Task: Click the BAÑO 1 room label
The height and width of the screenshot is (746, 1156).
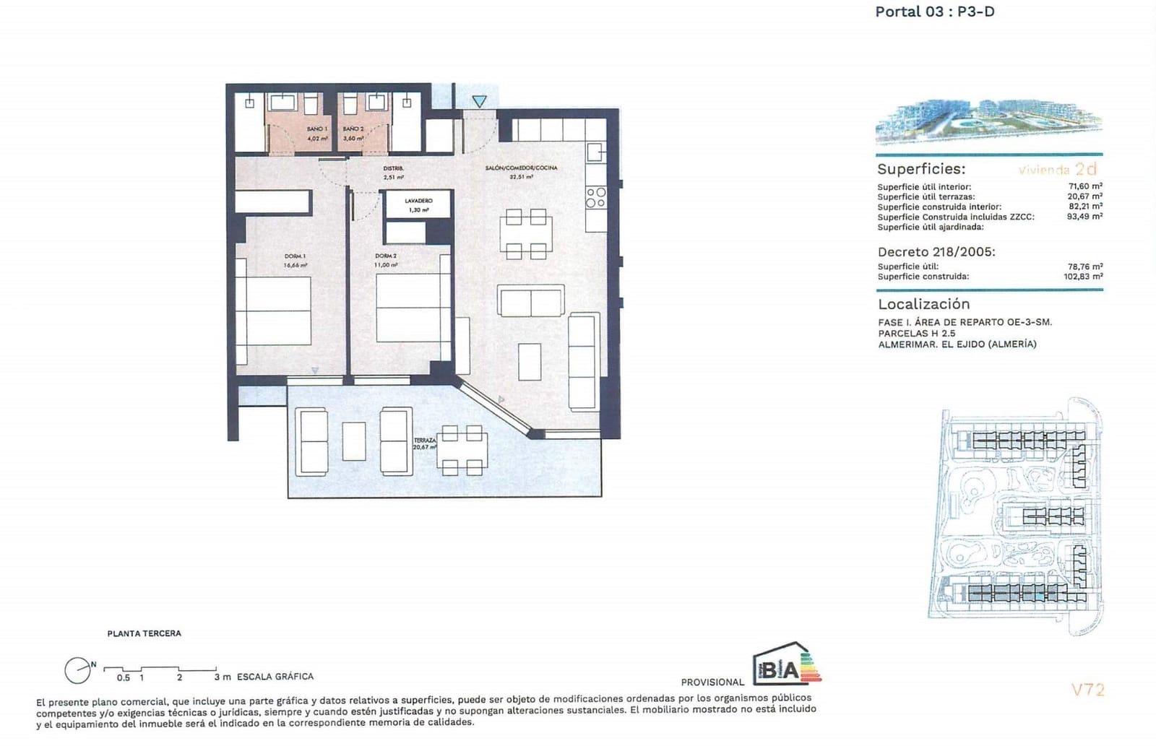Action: tap(316, 129)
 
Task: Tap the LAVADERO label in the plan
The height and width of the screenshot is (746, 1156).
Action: tap(418, 201)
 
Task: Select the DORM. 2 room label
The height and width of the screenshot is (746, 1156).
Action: tap(386, 256)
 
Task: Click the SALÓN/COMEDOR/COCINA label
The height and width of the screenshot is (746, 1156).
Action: tap(521, 168)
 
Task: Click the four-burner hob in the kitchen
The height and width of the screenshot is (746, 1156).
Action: tap(596, 197)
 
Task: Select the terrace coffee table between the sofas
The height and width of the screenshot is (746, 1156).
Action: tap(353, 441)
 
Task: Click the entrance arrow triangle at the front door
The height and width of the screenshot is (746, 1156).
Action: tap(480, 102)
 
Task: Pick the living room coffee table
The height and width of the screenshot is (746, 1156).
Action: tap(530, 362)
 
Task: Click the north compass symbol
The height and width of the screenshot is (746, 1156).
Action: tap(77, 671)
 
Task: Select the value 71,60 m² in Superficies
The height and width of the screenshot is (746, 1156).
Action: tap(1085, 186)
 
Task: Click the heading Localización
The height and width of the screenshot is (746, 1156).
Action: tap(923, 304)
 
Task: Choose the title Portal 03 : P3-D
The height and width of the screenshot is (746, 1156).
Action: tap(934, 12)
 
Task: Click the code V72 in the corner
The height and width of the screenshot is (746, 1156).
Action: tap(1087, 690)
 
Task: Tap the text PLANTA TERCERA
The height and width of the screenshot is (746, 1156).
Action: tap(144, 633)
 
